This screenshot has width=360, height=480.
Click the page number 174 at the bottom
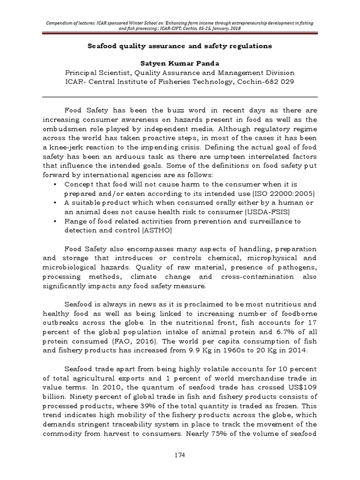click(x=180, y=455)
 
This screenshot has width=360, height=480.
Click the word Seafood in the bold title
click(x=105, y=46)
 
